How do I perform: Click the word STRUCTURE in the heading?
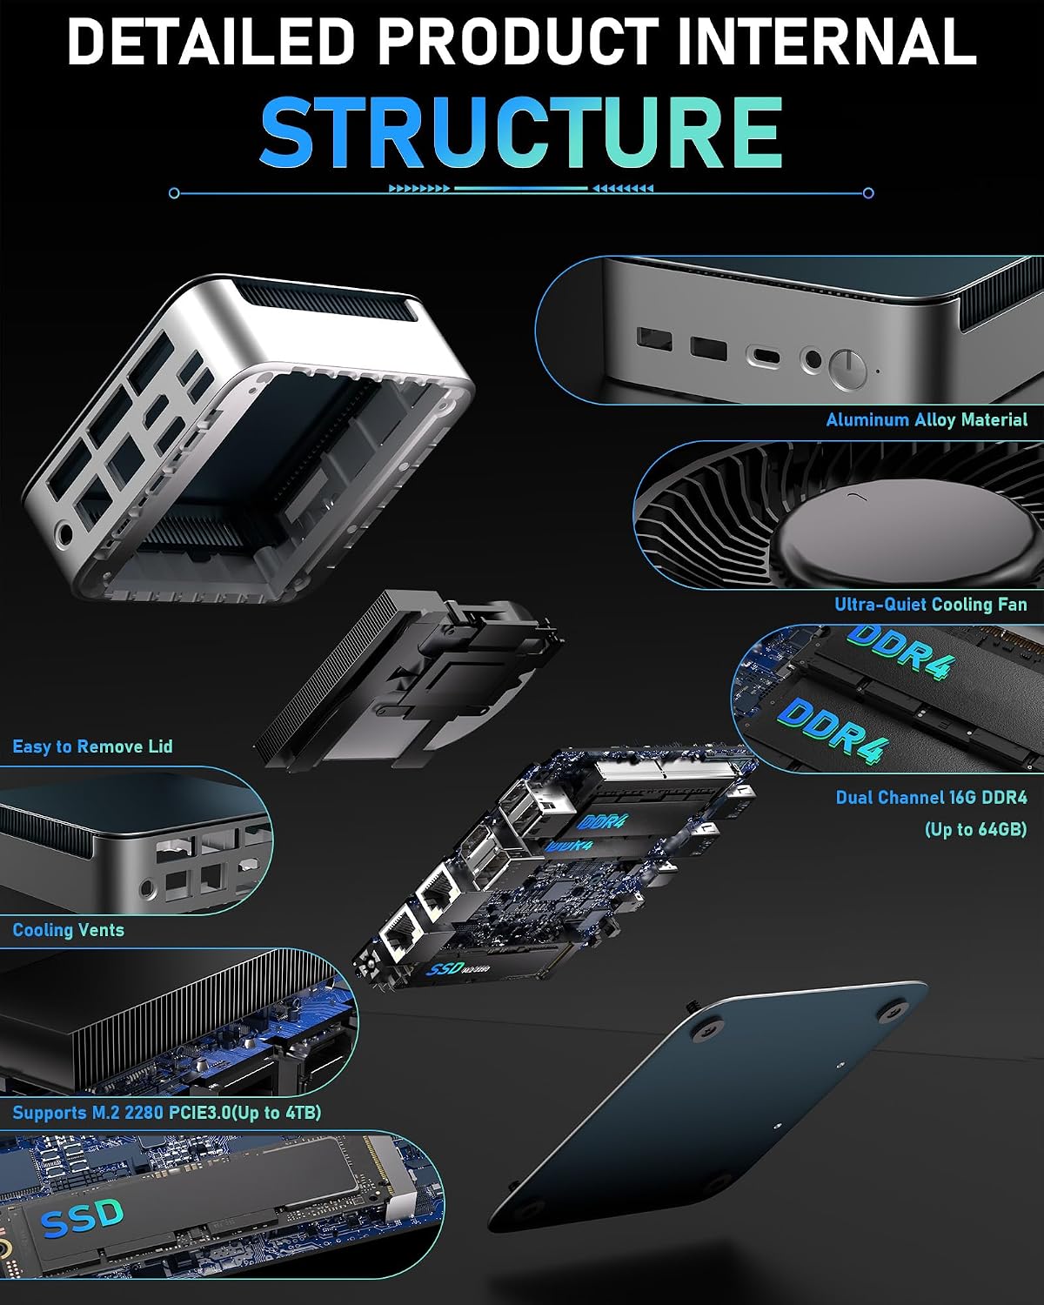pyautogui.click(x=521, y=131)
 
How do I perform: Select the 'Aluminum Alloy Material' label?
pyautogui.click(x=927, y=419)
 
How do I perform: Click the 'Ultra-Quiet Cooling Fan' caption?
pyautogui.click(x=931, y=604)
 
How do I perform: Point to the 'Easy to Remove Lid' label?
pyautogui.click(x=92, y=746)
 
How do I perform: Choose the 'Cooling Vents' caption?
pyautogui.click(x=68, y=930)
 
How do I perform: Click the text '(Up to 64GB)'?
pyautogui.click(x=975, y=829)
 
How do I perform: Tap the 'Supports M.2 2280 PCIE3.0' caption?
pyautogui.click(x=121, y=1113)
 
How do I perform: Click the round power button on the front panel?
pyautogui.click(x=847, y=368)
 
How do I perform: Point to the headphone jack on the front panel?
pyautogui.click(x=812, y=360)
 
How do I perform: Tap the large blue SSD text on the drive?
pyautogui.click(x=83, y=1218)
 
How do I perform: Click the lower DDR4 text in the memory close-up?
pyautogui.click(x=833, y=730)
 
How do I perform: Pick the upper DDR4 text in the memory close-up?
pyautogui.click(x=900, y=652)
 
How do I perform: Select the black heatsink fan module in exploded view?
pyautogui.click(x=408, y=679)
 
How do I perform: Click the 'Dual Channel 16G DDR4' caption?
pyautogui.click(x=931, y=798)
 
